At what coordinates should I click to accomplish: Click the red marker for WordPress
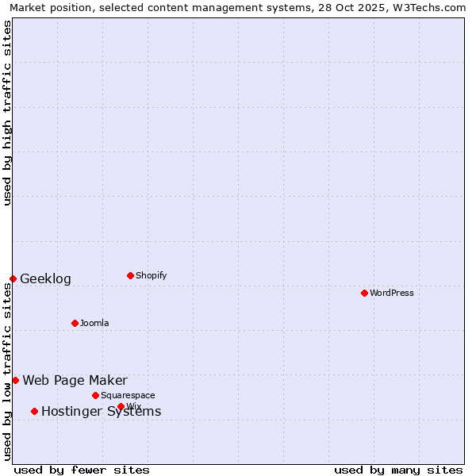tap(364, 293)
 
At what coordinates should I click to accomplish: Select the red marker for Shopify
tap(130, 275)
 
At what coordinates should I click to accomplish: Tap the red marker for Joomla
tap(75, 323)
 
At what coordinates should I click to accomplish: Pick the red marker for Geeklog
tap(13, 278)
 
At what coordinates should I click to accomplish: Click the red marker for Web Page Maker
tap(15, 380)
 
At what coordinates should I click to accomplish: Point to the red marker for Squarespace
tap(95, 395)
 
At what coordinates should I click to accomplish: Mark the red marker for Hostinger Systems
tap(34, 411)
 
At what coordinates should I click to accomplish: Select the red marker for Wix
tap(121, 406)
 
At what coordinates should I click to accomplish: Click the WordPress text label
tap(392, 293)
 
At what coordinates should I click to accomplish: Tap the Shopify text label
tap(152, 275)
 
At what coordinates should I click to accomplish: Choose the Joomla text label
tap(94, 323)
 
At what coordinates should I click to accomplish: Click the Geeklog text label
tap(45, 278)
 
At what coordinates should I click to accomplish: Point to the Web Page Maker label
tap(75, 380)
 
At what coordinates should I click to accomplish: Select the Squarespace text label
tap(128, 395)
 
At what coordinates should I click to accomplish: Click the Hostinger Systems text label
tap(101, 411)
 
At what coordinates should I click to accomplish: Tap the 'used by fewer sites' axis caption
tap(82, 470)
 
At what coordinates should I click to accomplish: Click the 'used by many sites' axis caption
tap(398, 470)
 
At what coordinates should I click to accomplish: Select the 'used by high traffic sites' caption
tap(7, 113)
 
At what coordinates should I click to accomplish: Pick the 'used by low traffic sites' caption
tap(7, 371)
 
